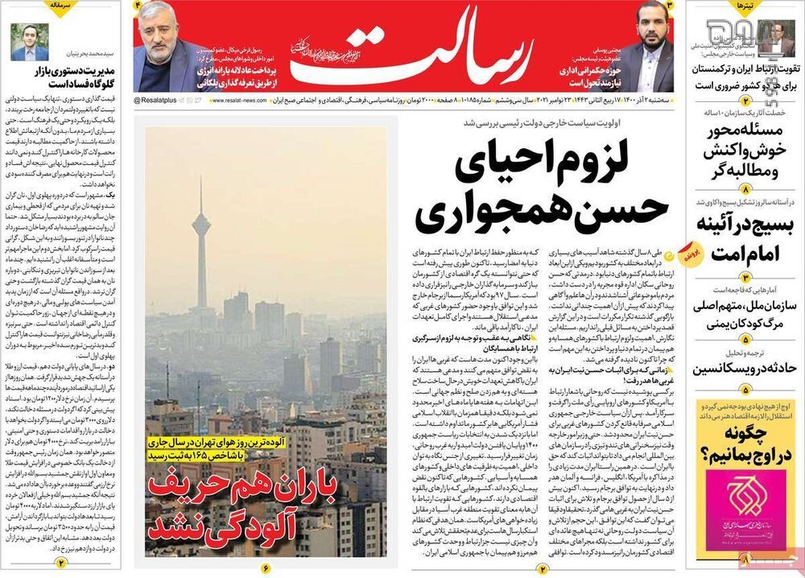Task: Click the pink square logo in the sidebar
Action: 745,507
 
